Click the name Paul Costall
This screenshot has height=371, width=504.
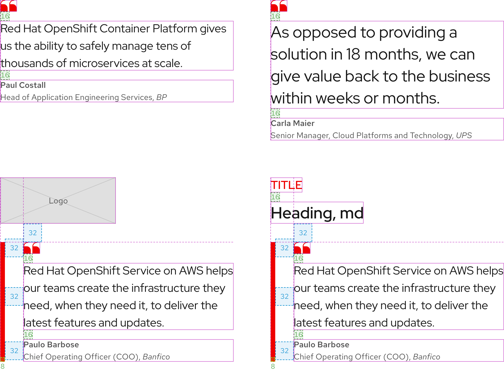[23, 85]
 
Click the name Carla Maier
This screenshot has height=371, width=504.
[293, 123]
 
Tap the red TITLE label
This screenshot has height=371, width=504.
[286, 185]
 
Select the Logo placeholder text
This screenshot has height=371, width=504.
[58, 201]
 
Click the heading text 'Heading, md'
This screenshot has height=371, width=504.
[317, 213]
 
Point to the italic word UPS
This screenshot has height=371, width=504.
[464, 136]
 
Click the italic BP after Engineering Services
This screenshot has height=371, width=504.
[161, 97]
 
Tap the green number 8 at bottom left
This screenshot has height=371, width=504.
[2, 366]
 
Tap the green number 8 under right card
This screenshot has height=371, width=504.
[273, 366]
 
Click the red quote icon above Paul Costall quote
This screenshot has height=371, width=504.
[8, 6]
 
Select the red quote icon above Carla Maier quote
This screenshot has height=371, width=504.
[279, 6]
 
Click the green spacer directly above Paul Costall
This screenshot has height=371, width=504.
[5, 75]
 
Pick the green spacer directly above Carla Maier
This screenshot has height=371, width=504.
[275, 113]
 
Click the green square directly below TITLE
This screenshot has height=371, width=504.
[275, 197]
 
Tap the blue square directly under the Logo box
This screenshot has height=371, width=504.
[33, 233]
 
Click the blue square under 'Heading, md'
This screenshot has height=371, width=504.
[303, 233]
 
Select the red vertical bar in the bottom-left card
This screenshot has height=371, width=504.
[2, 300]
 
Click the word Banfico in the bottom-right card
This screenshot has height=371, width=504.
[426, 357]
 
